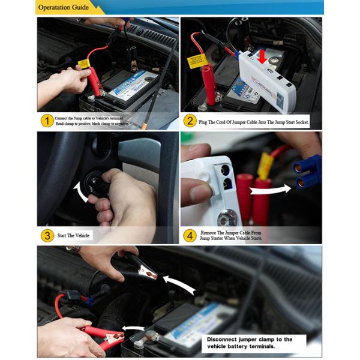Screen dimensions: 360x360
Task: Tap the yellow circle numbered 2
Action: (x=190, y=121)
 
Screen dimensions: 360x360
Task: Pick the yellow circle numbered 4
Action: (x=190, y=235)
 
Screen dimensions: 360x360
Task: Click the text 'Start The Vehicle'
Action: (x=73, y=235)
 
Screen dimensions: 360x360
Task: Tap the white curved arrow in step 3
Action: (x=79, y=192)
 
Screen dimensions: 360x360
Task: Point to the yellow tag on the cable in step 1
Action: (x=84, y=64)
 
